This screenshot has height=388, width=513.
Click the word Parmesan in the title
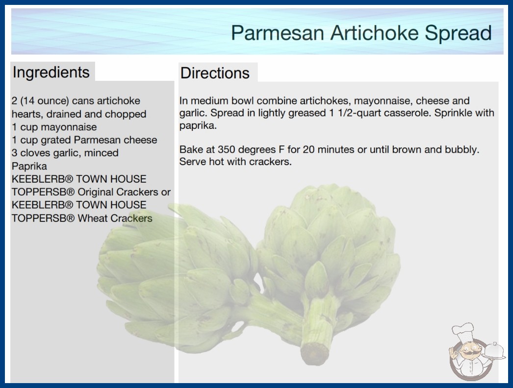tap(278, 33)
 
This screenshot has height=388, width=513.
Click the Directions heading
tap(215, 73)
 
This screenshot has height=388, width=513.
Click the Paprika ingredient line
tap(29, 166)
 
